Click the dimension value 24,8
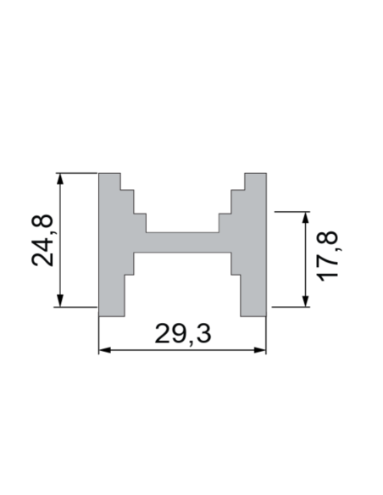[x=43, y=241]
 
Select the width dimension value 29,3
[x=183, y=334]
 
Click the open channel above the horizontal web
[x=183, y=203]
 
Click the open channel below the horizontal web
[x=183, y=284]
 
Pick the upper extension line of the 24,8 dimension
[x=76, y=173]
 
